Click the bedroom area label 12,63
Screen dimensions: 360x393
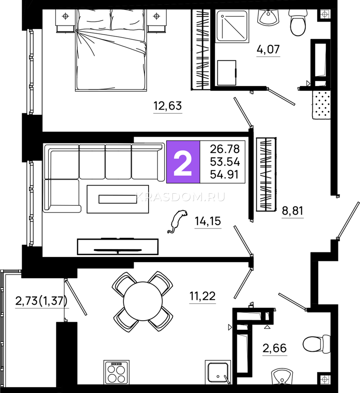(168, 106)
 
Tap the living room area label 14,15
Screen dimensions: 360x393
(208, 221)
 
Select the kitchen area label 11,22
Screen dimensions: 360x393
(202, 296)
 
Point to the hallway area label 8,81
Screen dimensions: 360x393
(293, 211)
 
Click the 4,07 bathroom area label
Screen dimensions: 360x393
(268, 49)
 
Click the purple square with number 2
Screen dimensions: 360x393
(183, 162)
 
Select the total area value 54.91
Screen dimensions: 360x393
(224, 175)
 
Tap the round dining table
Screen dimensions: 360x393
(143, 301)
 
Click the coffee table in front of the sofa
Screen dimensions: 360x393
(118, 199)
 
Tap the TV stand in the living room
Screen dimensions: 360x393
(118, 247)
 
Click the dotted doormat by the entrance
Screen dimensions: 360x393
(321, 105)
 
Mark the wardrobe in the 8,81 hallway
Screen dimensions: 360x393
(266, 174)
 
